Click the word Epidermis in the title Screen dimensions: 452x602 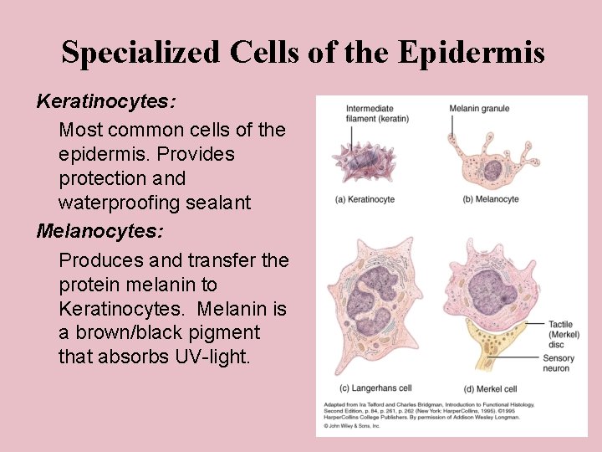click(472, 53)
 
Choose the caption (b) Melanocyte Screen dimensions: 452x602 click(491, 199)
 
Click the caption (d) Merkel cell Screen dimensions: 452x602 click(490, 388)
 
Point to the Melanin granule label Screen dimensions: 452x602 click(479, 109)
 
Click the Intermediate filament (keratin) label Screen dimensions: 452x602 click(377, 114)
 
